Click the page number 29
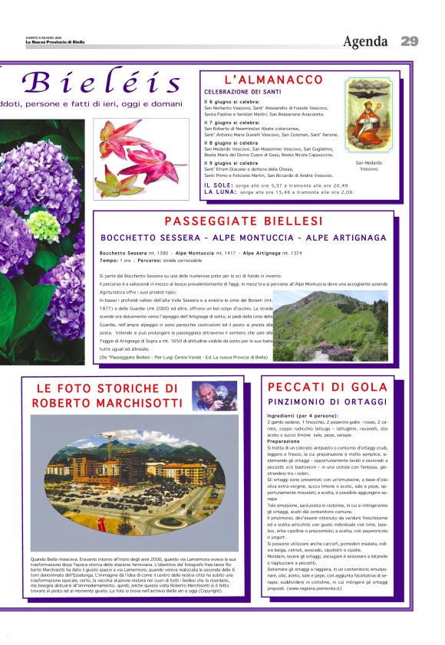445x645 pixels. (x=409, y=41)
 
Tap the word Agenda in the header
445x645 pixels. (x=366, y=41)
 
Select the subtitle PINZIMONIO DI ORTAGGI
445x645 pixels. (x=328, y=401)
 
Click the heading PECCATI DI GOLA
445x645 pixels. (x=328, y=387)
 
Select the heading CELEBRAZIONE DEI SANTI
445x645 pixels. (x=242, y=92)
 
